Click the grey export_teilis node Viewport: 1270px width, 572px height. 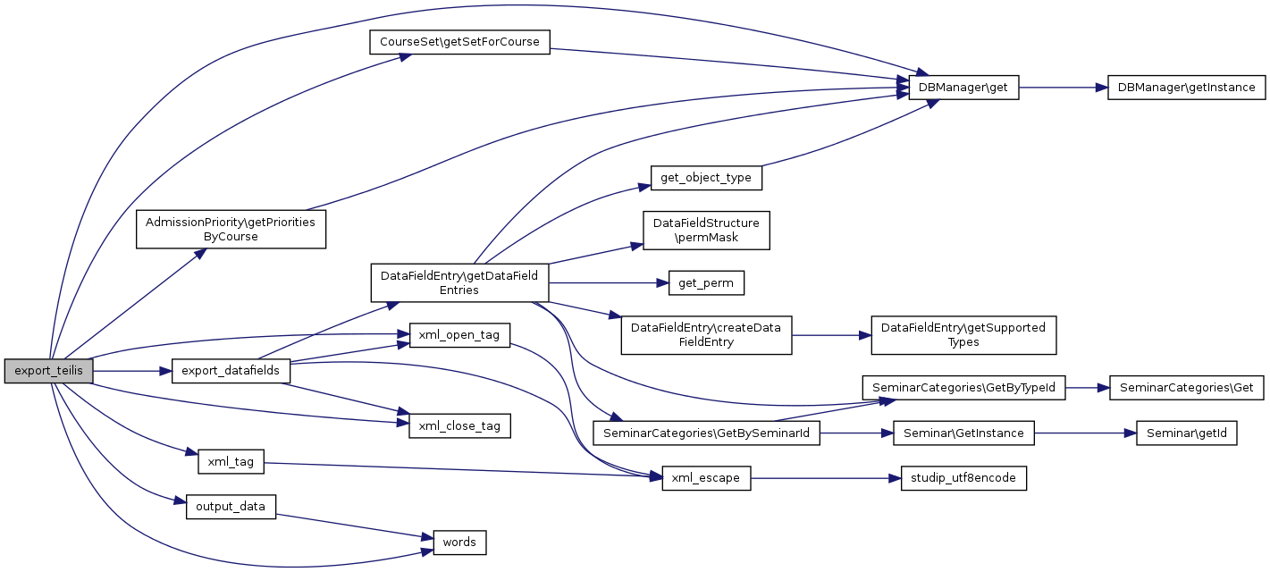[x=48, y=371]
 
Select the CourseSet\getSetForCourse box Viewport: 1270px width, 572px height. [x=459, y=42]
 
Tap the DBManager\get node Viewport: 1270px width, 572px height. [x=963, y=88]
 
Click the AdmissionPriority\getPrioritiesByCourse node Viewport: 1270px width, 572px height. [x=231, y=229]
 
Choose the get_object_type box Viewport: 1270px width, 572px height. [x=706, y=178]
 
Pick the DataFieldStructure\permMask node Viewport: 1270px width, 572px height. [x=706, y=231]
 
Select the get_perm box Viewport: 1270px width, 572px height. [x=706, y=283]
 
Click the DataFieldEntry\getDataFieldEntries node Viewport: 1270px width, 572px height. [x=459, y=282]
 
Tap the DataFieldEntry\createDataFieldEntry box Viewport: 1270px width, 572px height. [x=706, y=335]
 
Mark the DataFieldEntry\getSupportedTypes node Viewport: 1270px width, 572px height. [x=963, y=335]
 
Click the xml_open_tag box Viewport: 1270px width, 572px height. [x=459, y=335]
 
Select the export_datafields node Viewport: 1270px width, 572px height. [x=231, y=370]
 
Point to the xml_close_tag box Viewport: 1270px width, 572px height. [x=459, y=425]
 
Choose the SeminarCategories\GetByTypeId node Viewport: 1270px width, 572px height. [x=963, y=388]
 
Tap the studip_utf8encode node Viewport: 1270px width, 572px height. [x=963, y=478]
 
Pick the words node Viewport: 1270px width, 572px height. [x=459, y=542]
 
